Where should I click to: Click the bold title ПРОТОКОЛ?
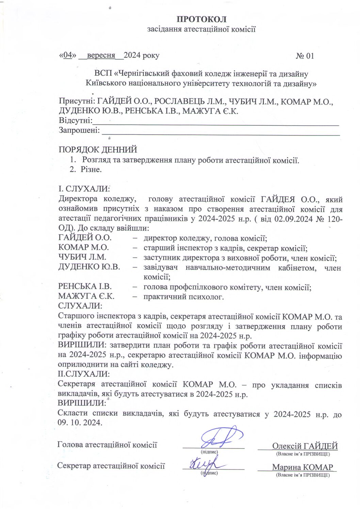[x=201, y=19]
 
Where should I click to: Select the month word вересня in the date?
[x=101, y=55]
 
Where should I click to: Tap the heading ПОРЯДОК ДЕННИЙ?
[x=98, y=149]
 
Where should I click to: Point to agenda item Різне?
[x=91, y=169]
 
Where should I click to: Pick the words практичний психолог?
[x=183, y=297]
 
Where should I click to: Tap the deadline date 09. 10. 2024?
[x=80, y=423]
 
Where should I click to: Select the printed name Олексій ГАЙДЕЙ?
[x=305, y=446]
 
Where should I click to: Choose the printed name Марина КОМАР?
[x=302, y=467]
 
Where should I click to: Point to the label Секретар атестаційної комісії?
[x=111, y=466]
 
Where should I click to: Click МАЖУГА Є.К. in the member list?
[x=86, y=297]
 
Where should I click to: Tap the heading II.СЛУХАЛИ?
[x=84, y=374]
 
